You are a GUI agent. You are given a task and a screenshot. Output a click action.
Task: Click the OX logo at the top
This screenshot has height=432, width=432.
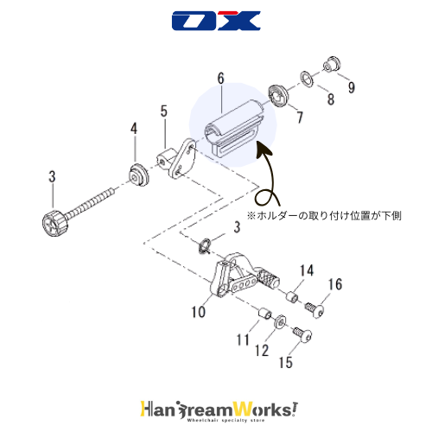(216, 21)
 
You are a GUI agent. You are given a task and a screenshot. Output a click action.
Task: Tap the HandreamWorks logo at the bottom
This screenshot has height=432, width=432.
(219, 411)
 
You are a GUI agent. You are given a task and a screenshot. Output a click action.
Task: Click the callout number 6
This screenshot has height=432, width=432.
(220, 78)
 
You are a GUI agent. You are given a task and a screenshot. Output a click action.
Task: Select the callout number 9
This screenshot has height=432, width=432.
(351, 87)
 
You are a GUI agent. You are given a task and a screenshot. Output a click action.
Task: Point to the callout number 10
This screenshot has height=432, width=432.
(199, 312)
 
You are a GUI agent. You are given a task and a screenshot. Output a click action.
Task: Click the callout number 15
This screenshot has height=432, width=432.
(285, 362)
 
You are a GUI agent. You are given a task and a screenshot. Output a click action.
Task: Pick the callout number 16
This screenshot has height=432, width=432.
(335, 284)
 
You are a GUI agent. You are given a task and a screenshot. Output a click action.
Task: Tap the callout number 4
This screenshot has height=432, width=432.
(134, 129)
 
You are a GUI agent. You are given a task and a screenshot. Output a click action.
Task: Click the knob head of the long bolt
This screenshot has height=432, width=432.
(55, 223)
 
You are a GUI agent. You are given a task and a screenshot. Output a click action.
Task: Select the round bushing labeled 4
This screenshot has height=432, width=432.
(138, 175)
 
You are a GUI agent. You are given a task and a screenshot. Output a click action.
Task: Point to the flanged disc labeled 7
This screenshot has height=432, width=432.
(277, 96)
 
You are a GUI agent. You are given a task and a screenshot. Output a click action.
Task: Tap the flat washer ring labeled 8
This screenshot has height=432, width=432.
(307, 78)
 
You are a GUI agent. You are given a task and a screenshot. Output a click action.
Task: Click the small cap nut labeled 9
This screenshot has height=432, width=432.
(332, 64)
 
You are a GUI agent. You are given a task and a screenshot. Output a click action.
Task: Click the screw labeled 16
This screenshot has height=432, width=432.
(314, 309)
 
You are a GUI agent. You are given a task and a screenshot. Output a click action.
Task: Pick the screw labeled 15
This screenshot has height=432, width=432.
(302, 334)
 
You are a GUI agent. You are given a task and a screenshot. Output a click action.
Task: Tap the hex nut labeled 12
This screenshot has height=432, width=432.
(279, 321)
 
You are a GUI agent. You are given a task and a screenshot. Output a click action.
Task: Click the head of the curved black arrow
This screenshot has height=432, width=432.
(263, 149)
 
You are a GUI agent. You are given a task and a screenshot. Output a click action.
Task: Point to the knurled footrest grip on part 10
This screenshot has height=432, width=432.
(269, 279)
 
